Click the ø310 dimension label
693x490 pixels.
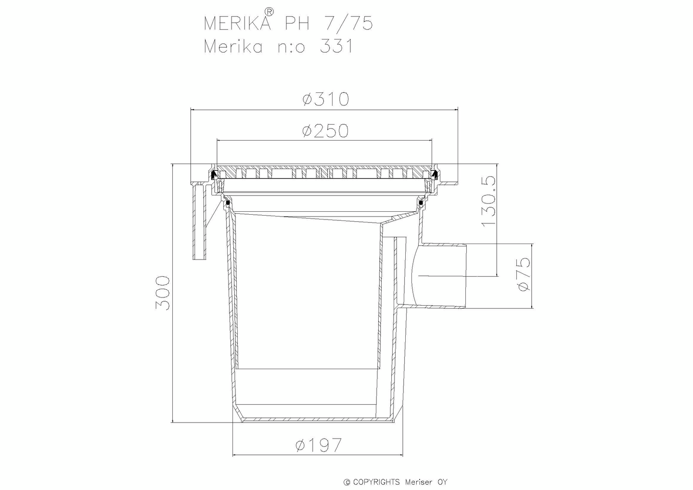click(x=325, y=99)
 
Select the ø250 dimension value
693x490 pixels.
click(x=325, y=130)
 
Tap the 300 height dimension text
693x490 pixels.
click(x=163, y=293)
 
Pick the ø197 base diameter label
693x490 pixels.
click(x=318, y=445)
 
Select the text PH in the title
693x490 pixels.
click(x=299, y=24)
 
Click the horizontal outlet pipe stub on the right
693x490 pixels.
click(x=443, y=275)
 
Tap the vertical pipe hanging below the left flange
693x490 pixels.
click(x=200, y=224)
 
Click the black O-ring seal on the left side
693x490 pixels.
click(x=228, y=204)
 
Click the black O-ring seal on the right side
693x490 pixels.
click(x=421, y=204)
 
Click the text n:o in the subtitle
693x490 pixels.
click(x=290, y=47)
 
